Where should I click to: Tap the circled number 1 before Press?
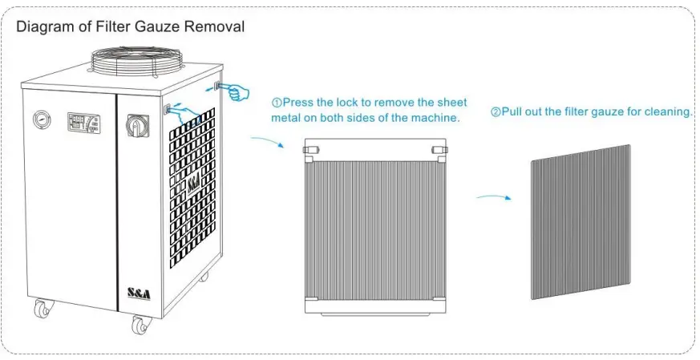(x=275, y=103)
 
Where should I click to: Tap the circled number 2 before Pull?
(x=496, y=112)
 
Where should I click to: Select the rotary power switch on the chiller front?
(x=134, y=125)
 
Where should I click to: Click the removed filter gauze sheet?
(x=581, y=222)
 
